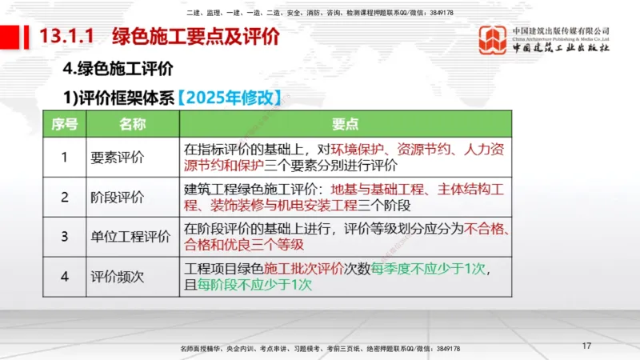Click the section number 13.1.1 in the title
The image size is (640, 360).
[x=68, y=36]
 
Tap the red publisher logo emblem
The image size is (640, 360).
[x=492, y=40]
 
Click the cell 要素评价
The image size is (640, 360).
[x=117, y=157]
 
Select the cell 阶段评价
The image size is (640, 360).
[x=117, y=197]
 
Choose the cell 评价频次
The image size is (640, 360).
[x=117, y=277]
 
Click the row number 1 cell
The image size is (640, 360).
[x=65, y=157]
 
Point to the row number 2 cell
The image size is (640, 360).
[x=65, y=197]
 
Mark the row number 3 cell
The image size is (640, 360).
[x=65, y=237]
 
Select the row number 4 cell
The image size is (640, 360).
[x=65, y=277]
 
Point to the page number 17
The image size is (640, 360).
[x=586, y=346]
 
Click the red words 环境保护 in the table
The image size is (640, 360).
[x=360, y=149]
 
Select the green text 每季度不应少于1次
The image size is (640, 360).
[x=429, y=268]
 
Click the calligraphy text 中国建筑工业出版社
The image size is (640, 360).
[x=562, y=47]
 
